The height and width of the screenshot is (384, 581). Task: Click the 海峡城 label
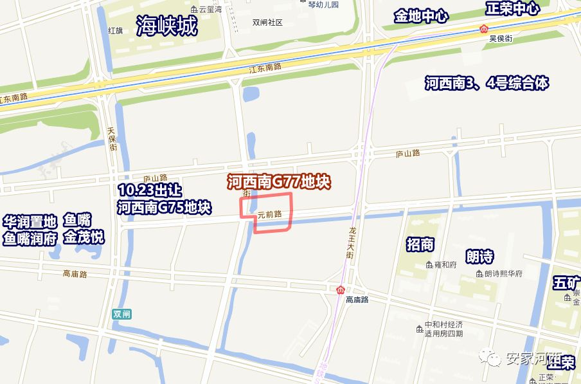[166, 26]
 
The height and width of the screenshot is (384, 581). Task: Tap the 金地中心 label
[421, 16]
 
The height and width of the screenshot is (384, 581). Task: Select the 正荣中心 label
[512, 9]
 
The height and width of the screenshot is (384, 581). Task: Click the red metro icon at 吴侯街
[484, 28]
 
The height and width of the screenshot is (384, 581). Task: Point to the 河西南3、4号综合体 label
[487, 83]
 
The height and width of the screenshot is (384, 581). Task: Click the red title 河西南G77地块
[279, 182]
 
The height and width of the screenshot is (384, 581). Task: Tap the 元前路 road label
[270, 214]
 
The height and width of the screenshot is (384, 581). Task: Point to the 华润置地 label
[30, 222]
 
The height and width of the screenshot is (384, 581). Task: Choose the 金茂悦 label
[84, 237]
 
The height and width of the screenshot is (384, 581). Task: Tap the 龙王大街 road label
[352, 242]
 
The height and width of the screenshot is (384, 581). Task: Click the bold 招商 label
[420, 244]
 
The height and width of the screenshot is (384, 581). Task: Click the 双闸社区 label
[267, 22]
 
